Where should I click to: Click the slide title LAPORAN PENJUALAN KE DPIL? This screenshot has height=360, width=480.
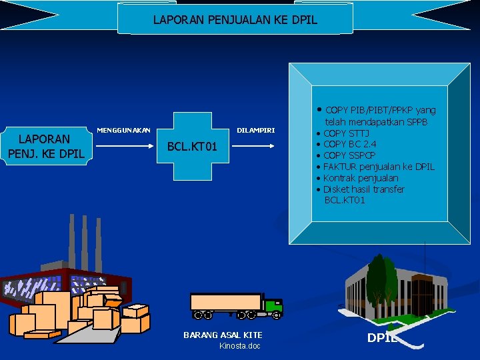click(x=235, y=20)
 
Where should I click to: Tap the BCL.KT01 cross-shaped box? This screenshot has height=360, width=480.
click(x=193, y=146)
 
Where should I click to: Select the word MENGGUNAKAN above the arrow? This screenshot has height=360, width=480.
click(x=123, y=129)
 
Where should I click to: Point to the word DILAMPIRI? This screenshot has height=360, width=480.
click(x=256, y=129)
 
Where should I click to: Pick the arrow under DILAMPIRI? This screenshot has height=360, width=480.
click(x=257, y=141)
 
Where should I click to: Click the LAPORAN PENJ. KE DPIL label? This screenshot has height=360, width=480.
click(x=45, y=146)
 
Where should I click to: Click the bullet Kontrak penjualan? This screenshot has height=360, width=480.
click(x=361, y=178)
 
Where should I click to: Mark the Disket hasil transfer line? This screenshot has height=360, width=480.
click(x=363, y=189)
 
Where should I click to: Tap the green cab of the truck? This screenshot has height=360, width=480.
click(x=273, y=306)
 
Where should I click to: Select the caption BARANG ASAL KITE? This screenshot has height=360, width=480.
click(x=223, y=335)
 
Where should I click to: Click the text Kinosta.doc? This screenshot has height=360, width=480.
click(x=239, y=345)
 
